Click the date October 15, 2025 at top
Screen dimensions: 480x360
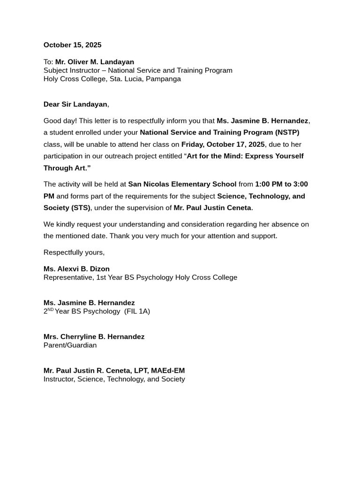pyautogui.click(x=72, y=45)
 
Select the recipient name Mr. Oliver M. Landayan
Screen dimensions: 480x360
pyautogui.click(x=94, y=62)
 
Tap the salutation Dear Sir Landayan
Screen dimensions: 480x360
pyautogui.click(x=75, y=104)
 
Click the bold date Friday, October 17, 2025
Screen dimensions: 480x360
pyautogui.click(x=223, y=144)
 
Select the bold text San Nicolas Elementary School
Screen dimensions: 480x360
pyautogui.click(x=182, y=184)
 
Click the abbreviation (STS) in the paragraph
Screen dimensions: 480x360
pyautogui.click(x=81, y=208)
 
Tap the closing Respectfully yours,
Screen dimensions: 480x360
pyautogui.click(x=74, y=252)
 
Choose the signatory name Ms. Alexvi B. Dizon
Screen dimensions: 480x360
pyautogui.click(x=76, y=269)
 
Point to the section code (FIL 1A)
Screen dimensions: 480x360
pyautogui.click(x=137, y=311)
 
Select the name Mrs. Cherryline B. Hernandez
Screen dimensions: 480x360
pyautogui.click(x=94, y=337)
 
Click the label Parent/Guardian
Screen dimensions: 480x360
pyautogui.click(x=70, y=345)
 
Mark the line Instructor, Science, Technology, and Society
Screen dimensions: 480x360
pyautogui.click(x=114, y=379)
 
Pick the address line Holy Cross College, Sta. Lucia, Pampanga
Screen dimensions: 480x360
pyautogui.click(x=112, y=79)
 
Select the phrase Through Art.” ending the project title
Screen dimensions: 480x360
pyautogui.click(x=67, y=168)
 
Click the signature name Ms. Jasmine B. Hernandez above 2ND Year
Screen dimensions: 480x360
pyautogui.click(x=89, y=303)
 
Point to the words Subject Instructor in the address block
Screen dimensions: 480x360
pyautogui.click(x=70, y=70)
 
